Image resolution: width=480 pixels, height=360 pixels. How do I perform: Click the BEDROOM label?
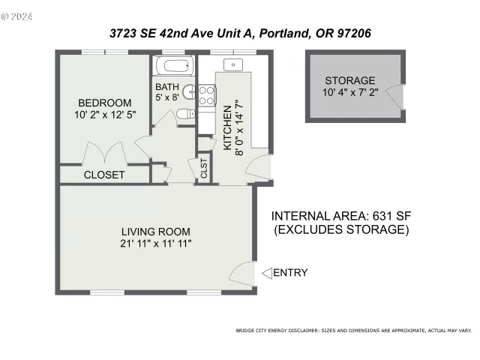tap(105, 103)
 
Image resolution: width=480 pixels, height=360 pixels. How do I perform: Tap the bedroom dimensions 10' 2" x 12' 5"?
tap(105, 115)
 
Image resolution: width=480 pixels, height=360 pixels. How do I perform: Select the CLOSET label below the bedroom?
tap(104, 175)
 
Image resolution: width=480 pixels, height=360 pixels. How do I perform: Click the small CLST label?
tap(203, 169)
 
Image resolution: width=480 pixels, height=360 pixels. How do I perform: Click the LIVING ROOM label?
tap(155, 231)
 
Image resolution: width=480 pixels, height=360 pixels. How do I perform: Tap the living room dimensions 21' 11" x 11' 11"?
tap(155, 243)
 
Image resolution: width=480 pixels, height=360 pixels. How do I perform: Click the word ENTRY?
tap(290, 273)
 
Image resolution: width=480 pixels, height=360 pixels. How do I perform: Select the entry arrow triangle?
tap(265, 273)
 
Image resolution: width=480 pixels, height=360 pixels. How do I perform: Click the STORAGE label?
tap(349, 81)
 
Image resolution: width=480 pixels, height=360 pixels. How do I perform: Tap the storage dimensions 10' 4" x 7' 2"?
tap(349, 93)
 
